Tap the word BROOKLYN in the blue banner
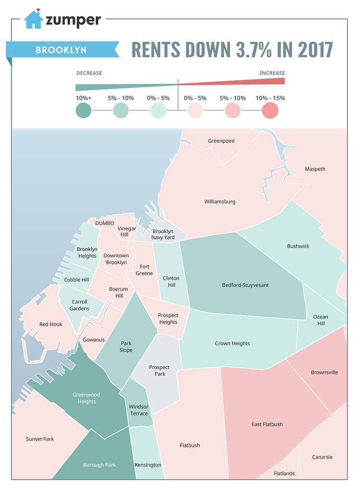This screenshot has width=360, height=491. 60,50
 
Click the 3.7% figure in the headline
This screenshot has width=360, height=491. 229,49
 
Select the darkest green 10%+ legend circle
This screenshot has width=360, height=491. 84,110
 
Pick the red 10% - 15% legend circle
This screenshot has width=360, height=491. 270,110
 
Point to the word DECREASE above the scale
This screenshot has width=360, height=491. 89,73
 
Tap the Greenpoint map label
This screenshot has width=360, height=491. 221,141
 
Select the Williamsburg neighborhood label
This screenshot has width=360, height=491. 220,202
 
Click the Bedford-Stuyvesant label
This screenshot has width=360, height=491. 245,285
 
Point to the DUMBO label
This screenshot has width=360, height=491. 105,223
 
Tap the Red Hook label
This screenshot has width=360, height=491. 51,324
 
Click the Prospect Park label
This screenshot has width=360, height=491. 159,370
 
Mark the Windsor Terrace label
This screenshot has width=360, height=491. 139,410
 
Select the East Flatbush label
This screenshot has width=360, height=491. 267,424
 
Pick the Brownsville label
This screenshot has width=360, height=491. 324,372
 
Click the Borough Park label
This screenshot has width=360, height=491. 99,465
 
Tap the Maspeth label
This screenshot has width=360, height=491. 315,169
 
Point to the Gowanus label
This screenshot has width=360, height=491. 94,340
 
